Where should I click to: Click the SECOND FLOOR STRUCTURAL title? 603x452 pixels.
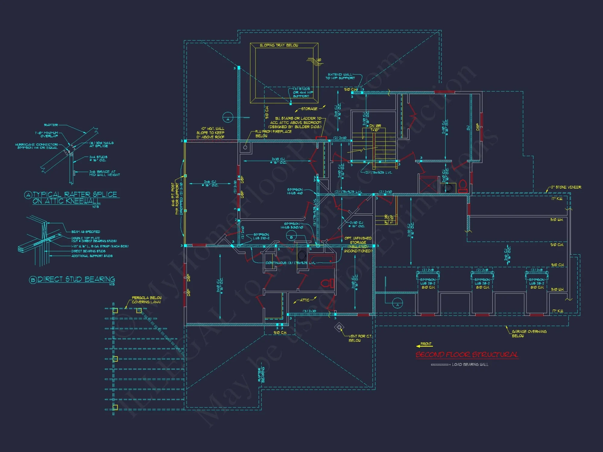click(x=467, y=355)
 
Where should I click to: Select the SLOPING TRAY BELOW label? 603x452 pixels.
click(x=279, y=45)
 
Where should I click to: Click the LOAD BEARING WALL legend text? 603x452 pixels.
click(x=470, y=365)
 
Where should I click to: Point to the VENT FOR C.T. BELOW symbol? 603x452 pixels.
click(x=339, y=327)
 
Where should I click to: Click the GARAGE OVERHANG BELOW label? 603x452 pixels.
click(x=529, y=334)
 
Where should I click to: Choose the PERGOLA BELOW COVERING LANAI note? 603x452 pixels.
click(x=147, y=300)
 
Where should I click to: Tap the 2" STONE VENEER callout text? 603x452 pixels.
click(x=566, y=187)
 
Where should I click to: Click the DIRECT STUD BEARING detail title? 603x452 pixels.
click(x=76, y=279)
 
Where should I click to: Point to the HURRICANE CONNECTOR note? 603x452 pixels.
click(x=36, y=146)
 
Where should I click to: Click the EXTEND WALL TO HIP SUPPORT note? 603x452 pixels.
click(x=340, y=76)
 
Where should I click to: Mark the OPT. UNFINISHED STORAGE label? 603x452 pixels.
click(x=358, y=244)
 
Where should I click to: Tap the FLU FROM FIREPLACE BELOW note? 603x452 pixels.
click(x=273, y=133)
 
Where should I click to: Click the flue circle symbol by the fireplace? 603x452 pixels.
click(x=245, y=147)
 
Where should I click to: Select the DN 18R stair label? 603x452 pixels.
click(x=375, y=126)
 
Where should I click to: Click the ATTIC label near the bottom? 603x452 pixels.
click(x=305, y=300)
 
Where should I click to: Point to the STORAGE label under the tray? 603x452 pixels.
click(x=309, y=109)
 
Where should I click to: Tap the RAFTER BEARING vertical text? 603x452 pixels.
click(x=261, y=375)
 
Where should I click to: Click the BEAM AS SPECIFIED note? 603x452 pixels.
click(x=86, y=232)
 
